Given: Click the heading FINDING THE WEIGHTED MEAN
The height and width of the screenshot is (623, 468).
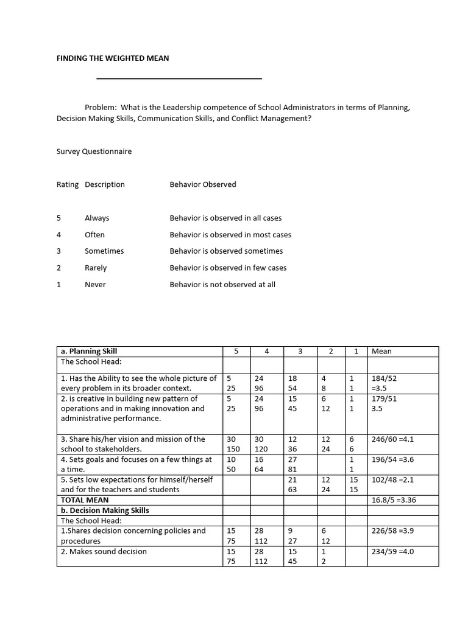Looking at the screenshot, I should [113, 58].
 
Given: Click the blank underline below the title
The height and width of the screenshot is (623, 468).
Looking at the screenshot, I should [179, 78].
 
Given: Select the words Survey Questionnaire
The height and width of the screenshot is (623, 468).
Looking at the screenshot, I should [94, 151].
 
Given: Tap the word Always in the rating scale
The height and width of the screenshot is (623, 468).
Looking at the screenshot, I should [97, 218].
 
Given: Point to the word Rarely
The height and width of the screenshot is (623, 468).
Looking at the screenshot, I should [96, 268].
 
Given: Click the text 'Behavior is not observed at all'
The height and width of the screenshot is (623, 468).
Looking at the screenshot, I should [222, 284].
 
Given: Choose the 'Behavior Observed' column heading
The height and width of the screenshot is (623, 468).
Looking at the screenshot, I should [203, 184].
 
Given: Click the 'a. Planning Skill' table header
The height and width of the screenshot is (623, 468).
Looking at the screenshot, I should [89, 351].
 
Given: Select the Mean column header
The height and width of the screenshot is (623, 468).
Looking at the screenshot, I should [381, 351].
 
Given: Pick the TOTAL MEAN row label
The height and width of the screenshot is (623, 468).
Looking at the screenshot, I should [85, 500].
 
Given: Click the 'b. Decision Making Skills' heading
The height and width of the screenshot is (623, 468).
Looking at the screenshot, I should [104, 510].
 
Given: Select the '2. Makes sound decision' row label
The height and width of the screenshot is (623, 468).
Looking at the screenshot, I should [104, 552].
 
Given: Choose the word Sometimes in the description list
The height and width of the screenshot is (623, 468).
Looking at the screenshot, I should [104, 251].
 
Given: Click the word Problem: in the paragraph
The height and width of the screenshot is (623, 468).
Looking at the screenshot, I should [101, 108].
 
